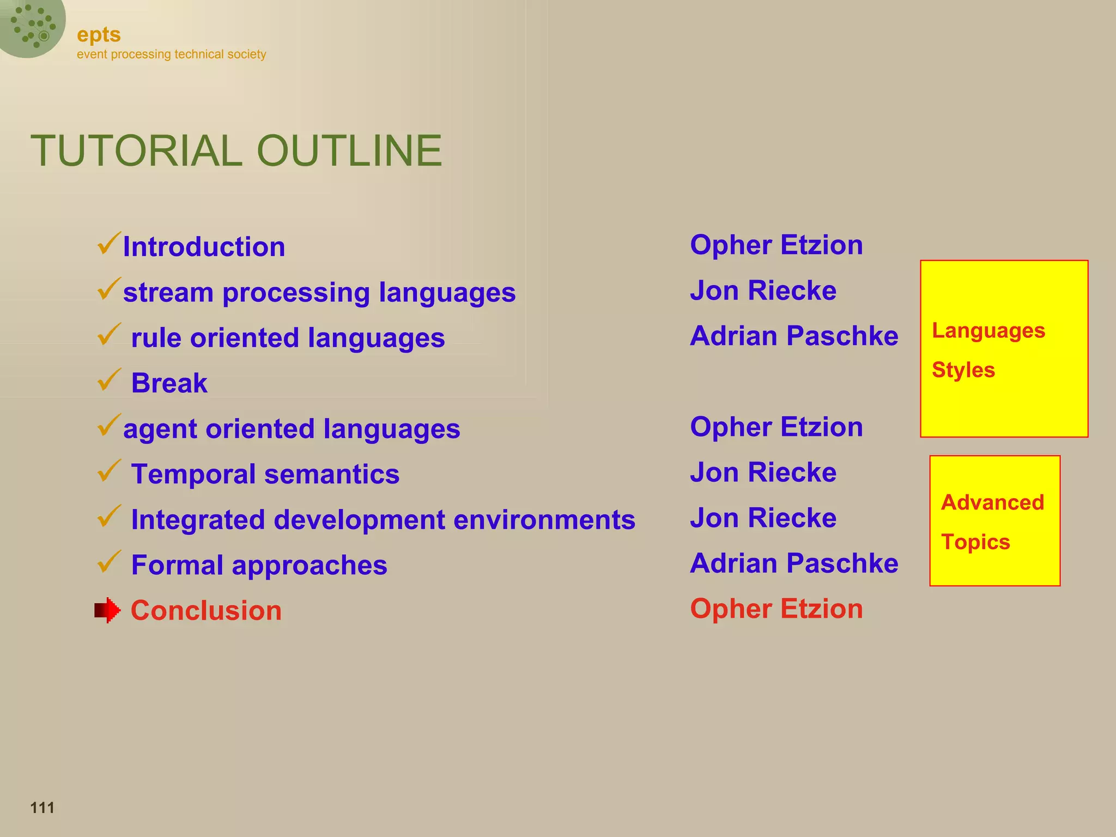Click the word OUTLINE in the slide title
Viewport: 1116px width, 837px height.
[349, 151]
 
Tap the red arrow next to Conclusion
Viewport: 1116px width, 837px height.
[107, 610]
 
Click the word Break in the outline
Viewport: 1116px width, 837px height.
[169, 383]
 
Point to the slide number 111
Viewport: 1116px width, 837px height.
[43, 808]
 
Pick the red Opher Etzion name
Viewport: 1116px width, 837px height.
[776, 609]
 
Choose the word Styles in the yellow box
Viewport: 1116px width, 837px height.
[963, 370]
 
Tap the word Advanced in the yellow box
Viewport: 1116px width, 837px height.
[992, 502]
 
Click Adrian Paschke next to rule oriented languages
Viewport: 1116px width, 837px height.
[793, 336]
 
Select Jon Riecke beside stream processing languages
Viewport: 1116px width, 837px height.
[763, 290]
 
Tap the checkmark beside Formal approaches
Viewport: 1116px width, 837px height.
[109, 562]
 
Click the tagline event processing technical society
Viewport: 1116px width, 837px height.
[171, 54]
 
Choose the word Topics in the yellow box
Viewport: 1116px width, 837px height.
[975, 542]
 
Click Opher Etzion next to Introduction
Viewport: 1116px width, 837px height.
[776, 245]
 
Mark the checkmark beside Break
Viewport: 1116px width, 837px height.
[109, 380]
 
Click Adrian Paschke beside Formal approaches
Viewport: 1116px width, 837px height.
[793, 563]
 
